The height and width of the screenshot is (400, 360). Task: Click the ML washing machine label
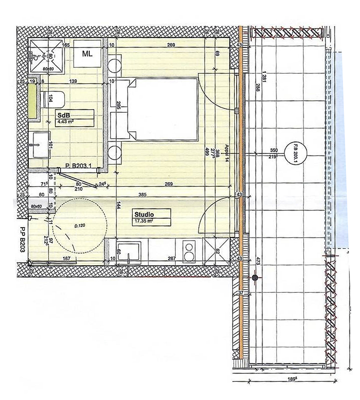[x=88, y=53]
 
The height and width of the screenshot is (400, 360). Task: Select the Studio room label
[x=143, y=214]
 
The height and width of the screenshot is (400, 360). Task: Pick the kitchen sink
[x=129, y=251]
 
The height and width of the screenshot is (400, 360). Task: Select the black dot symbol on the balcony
[x=255, y=278]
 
